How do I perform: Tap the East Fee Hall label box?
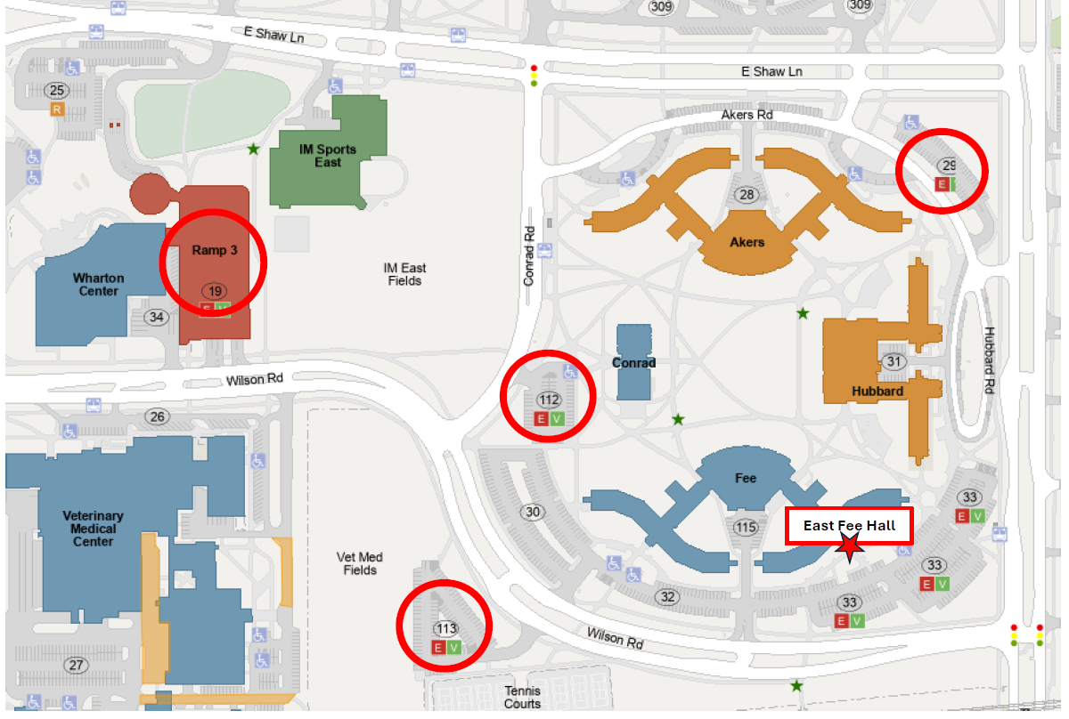pos(849,526)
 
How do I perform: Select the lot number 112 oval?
pos(549,400)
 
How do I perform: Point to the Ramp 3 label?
pos(214,250)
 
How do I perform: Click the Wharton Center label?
pos(98,284)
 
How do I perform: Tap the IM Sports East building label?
pos(327,156)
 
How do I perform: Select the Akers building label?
pos(747,241)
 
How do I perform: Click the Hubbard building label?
pos(877,391)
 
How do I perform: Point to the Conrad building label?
pos(633,363)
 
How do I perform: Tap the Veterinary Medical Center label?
pos(93,529)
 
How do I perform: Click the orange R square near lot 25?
pos(58,109)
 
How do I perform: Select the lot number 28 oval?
pos(746,195)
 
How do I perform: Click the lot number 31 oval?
pos(894,361)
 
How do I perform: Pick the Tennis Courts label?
pos(522,697)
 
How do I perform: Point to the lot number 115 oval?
pos(746,528)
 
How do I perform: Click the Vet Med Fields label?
pos(359,563)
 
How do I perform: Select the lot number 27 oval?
pos(76,665)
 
